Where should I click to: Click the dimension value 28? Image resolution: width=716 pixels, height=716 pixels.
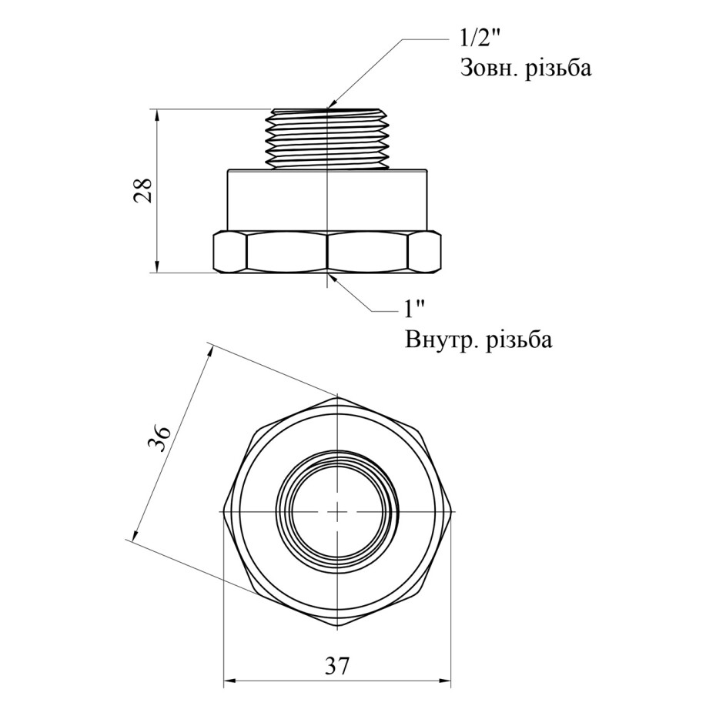click(x=142, y=190)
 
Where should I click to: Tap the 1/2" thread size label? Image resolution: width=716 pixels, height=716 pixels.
click(x=479, y=38)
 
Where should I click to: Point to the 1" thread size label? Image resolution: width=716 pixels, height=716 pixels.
click(x=416, y=309)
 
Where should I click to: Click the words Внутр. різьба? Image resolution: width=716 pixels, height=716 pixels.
click(x=477, y=340)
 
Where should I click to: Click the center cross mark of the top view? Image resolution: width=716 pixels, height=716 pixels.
click(x=337, y=512)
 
